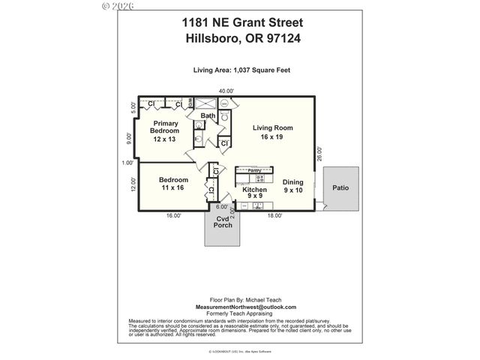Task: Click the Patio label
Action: [341, 188]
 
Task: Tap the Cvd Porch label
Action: [223, 225]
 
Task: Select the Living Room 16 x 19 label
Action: [272, 132]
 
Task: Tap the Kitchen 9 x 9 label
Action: [253, 194]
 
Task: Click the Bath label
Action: [207, 115]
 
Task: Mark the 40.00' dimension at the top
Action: [226, 91]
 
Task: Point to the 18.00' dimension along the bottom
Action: [274, 215]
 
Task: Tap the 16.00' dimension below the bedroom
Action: [173, 215]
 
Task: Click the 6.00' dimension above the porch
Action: [222, 207]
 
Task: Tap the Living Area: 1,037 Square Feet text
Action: [240, 70]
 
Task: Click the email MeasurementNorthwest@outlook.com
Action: [245, 307]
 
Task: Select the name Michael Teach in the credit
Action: [259, 299]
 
